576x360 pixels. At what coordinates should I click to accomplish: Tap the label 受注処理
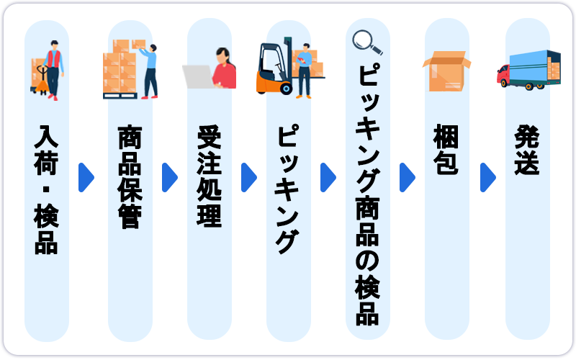click(209, 177)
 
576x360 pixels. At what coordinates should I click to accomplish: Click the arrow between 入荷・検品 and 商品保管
click(86, 177)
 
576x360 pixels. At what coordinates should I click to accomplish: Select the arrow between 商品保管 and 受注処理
click(170, 177)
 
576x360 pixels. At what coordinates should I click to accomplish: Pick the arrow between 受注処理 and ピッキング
click(249, 177)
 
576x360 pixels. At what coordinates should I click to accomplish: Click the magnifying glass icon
click(366, 42)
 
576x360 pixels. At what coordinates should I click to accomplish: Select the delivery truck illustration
click(528, 69)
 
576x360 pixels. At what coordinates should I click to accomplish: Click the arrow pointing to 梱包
click(408, 177)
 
